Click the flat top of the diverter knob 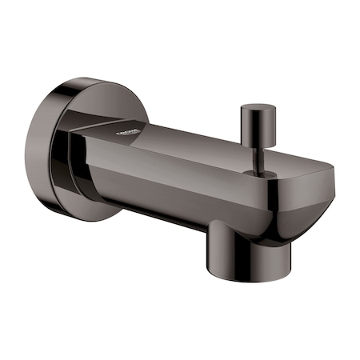coord(256,106)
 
